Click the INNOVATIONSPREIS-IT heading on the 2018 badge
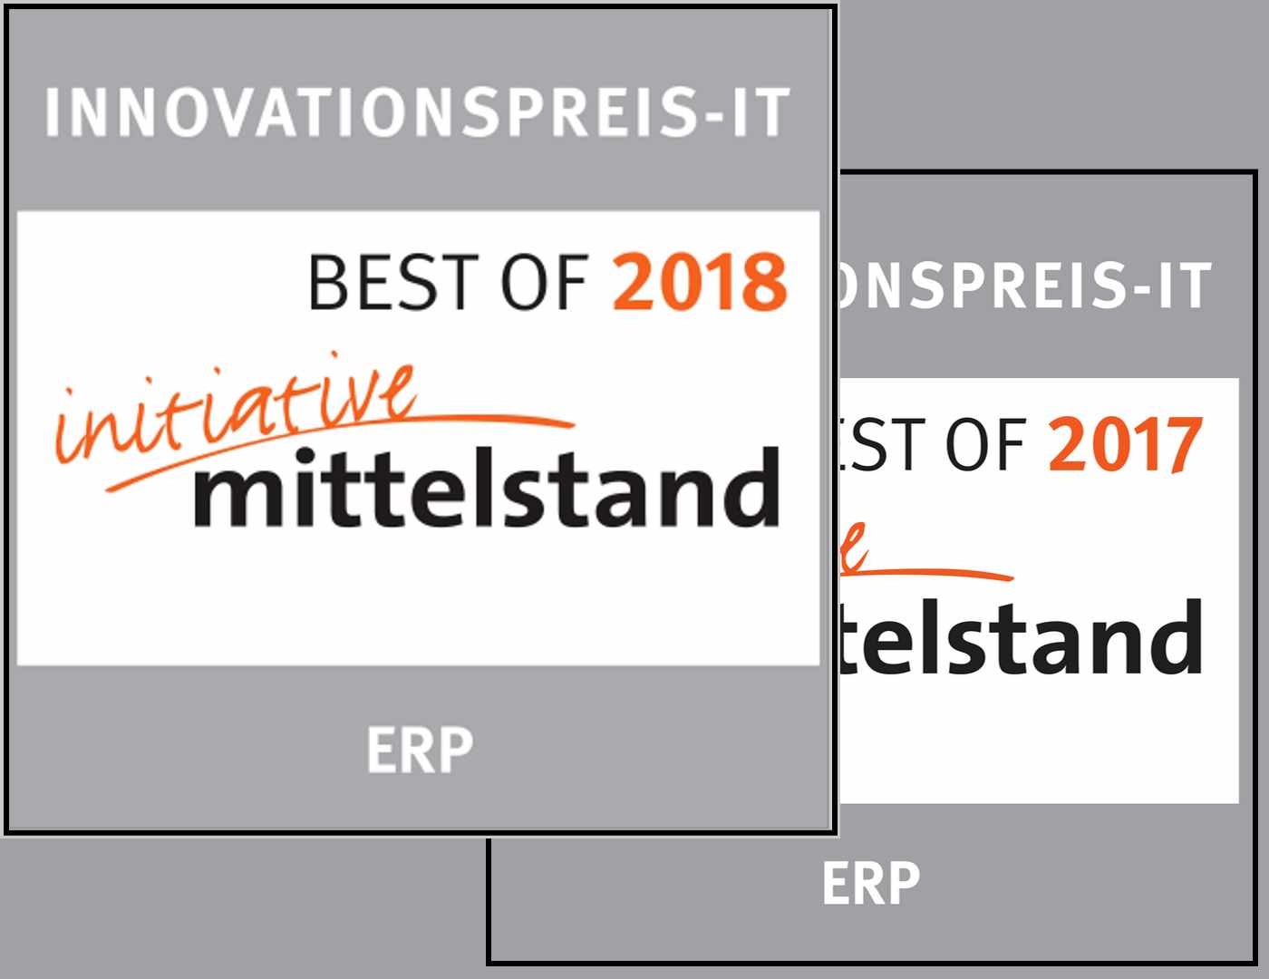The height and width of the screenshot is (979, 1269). click(418, 112)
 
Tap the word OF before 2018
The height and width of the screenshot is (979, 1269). click(545, 282)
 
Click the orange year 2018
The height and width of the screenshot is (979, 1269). click(700, 282)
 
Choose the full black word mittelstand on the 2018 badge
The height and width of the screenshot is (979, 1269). click(487, 489)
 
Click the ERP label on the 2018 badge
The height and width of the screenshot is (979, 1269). click(420, 751)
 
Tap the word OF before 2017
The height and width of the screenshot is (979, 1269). click(984, 446)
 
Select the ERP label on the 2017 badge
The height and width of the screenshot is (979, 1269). click(870, 884)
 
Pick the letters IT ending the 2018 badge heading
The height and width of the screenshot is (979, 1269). click(761, 112)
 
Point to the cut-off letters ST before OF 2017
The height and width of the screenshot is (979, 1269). click(875, 446)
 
